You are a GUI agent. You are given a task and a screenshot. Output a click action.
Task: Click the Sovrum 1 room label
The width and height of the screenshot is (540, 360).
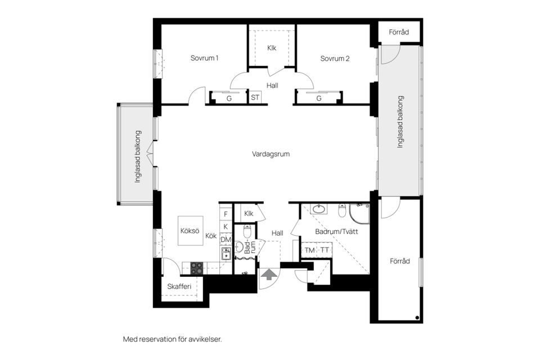point(204,58)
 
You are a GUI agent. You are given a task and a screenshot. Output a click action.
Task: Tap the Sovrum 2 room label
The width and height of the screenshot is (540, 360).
point(335,58)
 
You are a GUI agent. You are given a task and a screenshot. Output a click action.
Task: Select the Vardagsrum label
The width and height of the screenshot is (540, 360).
point(271,154)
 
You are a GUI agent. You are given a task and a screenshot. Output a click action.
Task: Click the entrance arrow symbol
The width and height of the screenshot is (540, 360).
point(269,274)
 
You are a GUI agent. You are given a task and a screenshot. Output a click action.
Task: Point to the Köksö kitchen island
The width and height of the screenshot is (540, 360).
point(190,231)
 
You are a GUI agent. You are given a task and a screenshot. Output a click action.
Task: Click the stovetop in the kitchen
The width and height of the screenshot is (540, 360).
point(197,268)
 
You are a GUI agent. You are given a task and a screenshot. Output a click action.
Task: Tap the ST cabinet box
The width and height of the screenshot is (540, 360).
point(255,98)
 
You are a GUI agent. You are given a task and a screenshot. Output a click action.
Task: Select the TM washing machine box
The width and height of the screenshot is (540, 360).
point(310,250)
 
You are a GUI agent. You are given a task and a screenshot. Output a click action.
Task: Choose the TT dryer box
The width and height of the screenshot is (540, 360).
point(325,250)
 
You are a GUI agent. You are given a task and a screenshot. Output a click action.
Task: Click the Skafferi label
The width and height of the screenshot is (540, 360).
point(179,287)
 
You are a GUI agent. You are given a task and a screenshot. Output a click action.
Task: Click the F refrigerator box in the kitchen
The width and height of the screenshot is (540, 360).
point(226,214)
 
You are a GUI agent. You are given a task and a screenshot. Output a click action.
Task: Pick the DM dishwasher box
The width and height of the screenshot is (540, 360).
point(226,240)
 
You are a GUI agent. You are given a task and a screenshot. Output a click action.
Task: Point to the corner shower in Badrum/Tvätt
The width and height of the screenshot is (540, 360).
point(359,214)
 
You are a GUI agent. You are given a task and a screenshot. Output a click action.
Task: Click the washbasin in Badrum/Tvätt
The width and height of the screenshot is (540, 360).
point(319,210)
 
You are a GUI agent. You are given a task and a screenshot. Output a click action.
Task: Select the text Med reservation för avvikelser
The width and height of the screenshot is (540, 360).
point(172,339)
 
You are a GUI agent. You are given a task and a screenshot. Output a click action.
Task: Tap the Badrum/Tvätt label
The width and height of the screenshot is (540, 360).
point(336,231)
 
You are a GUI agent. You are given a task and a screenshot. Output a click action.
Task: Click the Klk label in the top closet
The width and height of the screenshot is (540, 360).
point(272,48)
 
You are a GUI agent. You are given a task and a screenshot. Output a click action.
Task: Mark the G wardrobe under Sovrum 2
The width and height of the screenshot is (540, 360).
point(319,98)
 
